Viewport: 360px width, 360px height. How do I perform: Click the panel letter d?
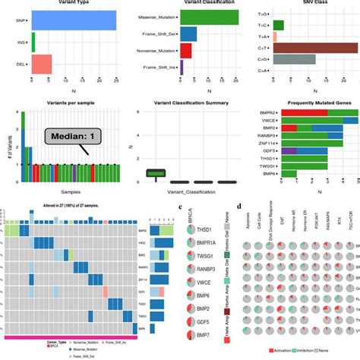[240, 206]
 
